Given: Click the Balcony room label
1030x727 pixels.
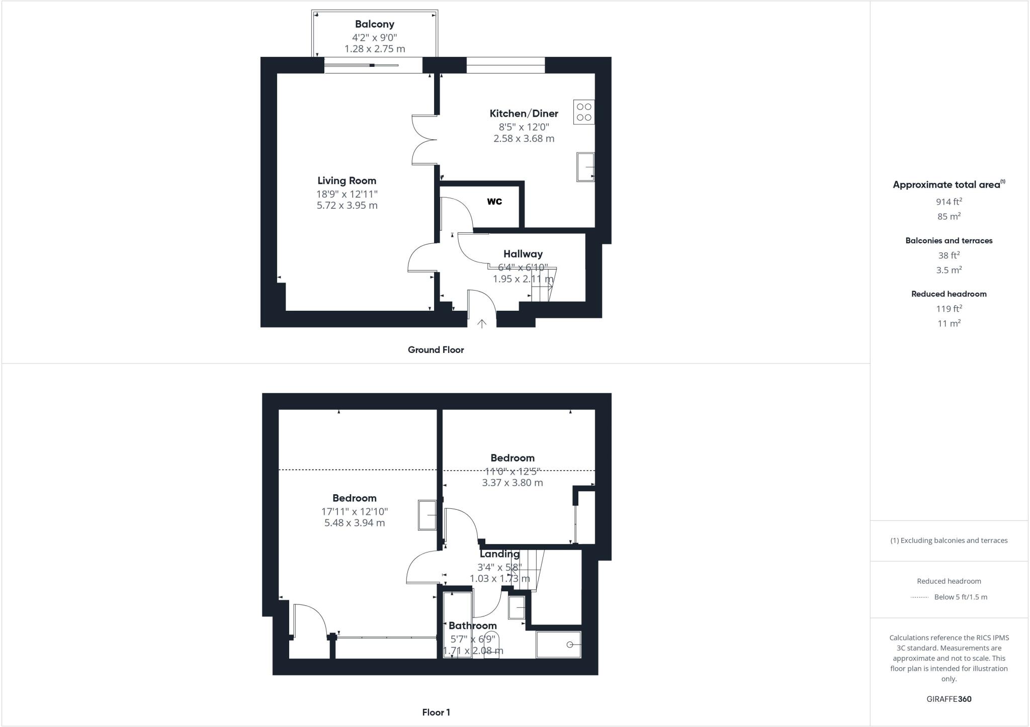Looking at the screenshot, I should click(374, 24).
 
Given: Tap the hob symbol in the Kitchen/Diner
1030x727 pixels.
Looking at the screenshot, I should click(583, 112).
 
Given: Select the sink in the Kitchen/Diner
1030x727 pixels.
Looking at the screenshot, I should click(585, 166).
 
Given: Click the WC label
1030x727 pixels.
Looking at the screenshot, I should click(494, 202).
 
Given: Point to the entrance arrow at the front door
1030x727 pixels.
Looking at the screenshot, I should click(481, 323).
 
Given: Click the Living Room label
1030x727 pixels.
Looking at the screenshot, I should click(347, 180).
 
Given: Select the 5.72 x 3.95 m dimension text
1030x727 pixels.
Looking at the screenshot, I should click(347, 205).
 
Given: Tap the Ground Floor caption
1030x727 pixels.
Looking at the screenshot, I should click(436, 350).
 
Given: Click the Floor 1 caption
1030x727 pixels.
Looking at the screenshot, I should click(436, 712).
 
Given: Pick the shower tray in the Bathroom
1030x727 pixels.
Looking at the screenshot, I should click(558, 645).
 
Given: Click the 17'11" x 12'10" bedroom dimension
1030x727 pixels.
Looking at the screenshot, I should click(354, 511).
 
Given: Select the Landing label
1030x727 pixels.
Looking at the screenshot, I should click(499, 554).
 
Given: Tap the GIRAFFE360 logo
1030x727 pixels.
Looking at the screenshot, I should click(949, 699).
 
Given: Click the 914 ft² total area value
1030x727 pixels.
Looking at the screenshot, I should click(949, 202).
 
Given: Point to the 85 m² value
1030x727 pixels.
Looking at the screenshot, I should click(949, 216).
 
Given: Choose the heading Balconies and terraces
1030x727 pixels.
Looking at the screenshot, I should click(949, 241).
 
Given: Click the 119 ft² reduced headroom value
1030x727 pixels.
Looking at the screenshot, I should click(949, 309).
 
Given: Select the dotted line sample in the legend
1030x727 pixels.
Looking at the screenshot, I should click(919, 597).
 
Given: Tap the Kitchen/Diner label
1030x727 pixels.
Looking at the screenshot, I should click(524, 114).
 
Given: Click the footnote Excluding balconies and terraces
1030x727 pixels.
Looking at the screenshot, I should click(949, 540).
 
